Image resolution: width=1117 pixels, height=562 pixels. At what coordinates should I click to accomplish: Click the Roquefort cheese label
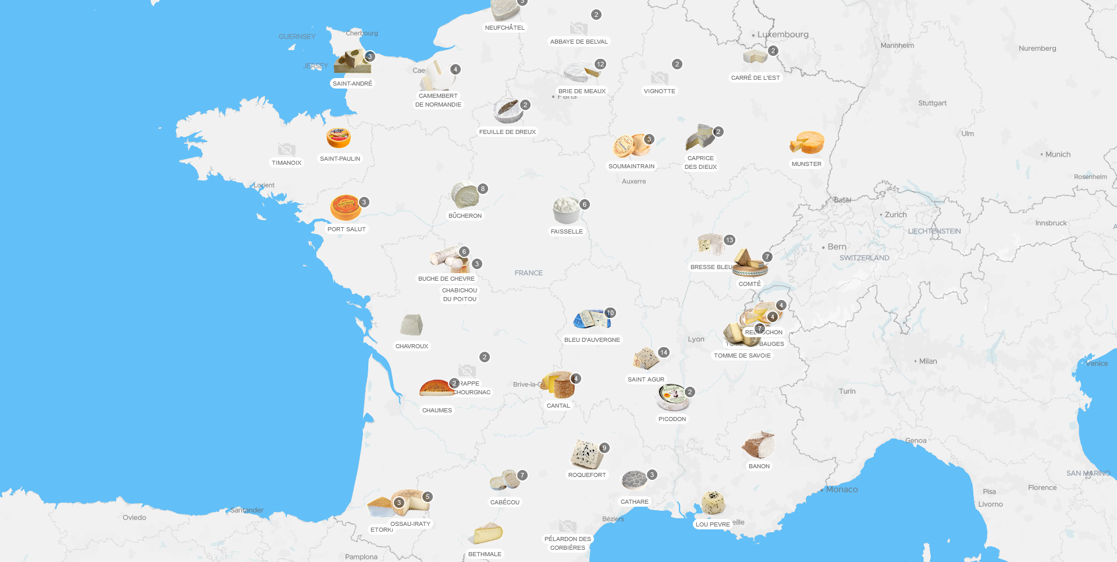coord(587,475)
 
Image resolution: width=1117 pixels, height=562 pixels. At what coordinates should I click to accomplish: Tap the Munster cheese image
coord(807,143)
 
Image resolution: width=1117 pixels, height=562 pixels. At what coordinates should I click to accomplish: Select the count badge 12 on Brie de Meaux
coord(600,64)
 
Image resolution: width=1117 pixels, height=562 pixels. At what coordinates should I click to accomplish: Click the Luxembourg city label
coord(782,34)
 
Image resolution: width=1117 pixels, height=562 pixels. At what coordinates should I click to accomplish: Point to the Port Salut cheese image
coord(346,208)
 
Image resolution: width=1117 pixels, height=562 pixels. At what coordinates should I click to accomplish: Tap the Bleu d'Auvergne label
coord(592,340)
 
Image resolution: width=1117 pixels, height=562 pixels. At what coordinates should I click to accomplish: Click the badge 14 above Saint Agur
coord(664,352)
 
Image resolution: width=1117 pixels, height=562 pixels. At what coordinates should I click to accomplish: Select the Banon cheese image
coord(759,446)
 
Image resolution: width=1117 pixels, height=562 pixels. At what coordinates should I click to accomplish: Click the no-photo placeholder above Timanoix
coord(286,150)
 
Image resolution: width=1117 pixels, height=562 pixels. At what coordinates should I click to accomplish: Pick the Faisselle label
coord(567,232)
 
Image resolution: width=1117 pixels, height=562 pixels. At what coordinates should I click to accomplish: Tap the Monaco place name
coord(842,490)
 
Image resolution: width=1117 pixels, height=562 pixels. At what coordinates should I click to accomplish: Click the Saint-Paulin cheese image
coord(339,139)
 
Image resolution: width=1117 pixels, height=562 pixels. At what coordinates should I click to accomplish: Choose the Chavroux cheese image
coord(411,325)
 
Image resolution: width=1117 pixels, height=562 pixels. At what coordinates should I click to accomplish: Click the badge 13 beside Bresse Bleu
coord(730,240)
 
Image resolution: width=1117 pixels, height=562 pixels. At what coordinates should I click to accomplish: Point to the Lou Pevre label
coord(713,525)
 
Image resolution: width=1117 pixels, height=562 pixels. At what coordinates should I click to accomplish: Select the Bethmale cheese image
coord(488,533)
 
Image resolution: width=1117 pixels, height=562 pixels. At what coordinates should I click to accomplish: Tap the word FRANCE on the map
coord(528,273)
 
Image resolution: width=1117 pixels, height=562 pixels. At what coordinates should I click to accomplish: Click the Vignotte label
coord(660,91)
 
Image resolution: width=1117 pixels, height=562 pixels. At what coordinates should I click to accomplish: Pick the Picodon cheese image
coord(673,398)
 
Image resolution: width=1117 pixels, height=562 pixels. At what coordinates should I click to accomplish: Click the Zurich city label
coord(895,215)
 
